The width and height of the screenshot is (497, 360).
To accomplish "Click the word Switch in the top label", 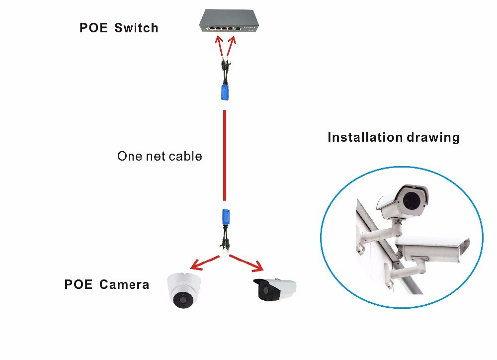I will coord(136,27).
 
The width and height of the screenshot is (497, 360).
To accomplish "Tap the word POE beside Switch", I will coord(93,27).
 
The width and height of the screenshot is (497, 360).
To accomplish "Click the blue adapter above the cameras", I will coord(224,216).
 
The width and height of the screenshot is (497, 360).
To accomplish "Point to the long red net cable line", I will coord(225,154).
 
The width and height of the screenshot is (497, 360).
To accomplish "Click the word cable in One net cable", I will coord(185,156).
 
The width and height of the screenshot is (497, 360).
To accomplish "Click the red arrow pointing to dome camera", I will coord(204,262).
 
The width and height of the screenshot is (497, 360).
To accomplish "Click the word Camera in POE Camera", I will coord(124,285).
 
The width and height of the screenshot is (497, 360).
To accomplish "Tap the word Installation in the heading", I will coord(364,138).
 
